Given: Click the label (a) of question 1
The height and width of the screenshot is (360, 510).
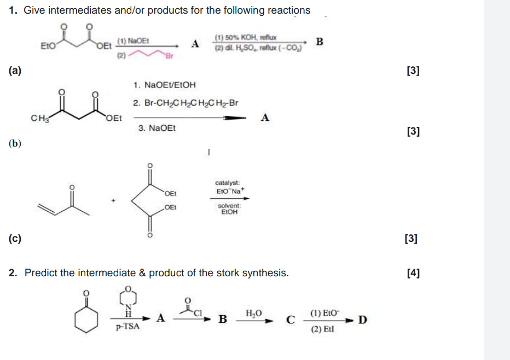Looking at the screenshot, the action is (x=15, y=71).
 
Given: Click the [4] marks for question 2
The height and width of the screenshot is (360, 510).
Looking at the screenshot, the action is (x=413, y=273).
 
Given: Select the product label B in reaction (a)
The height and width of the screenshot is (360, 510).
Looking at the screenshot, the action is (x=320, y=41).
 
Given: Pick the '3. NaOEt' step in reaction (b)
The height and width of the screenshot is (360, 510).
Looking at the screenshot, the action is (x=155, y=128).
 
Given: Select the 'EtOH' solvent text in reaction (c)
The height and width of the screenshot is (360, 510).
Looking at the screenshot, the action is (x=229, y=212).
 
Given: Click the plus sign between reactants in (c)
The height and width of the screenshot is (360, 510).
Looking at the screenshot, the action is (x=114, y=201).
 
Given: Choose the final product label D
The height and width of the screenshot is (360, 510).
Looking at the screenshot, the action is (x=362, y=319).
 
